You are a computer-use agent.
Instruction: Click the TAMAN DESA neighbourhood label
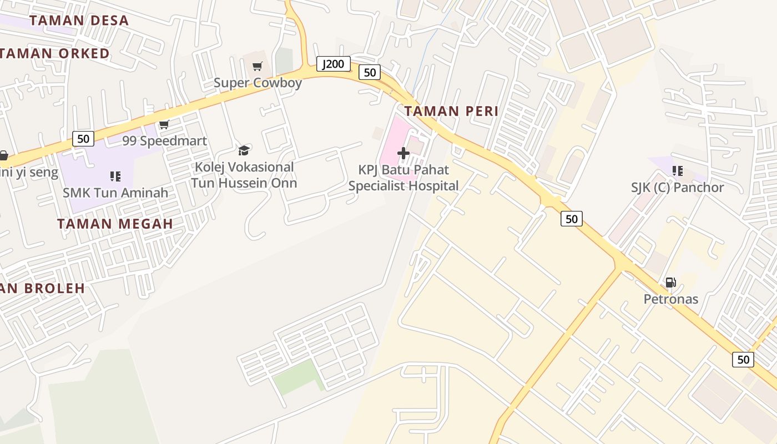point(79,21)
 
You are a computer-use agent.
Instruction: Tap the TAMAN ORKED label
point(56,54)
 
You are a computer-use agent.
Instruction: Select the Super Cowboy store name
point(258,83)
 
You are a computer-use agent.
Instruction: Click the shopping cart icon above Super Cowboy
point(257,67)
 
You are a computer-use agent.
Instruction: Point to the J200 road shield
point(334,64)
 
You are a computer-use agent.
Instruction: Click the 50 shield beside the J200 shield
point(370,72)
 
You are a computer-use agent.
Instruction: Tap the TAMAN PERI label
point(451,111)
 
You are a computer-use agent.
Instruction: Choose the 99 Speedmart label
point(164,141)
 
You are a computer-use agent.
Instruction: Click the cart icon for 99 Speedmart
point(164,125)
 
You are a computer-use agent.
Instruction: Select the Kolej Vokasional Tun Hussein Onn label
point(244,175)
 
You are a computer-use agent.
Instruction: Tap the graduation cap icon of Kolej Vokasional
point(244,150)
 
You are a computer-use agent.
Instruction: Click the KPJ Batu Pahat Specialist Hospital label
point(403,178)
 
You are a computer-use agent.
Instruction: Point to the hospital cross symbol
point(403,153)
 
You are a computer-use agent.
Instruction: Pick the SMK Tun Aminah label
point(115,193)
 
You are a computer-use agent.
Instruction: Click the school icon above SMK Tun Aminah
point(115,176)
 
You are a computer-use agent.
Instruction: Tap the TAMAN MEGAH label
point(115,224)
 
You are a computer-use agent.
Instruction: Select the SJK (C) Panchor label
point(677,188)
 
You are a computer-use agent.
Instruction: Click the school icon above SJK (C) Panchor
point(677,171)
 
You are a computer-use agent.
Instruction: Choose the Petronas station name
point(670,299)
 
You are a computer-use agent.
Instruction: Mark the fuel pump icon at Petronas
point(670,282)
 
